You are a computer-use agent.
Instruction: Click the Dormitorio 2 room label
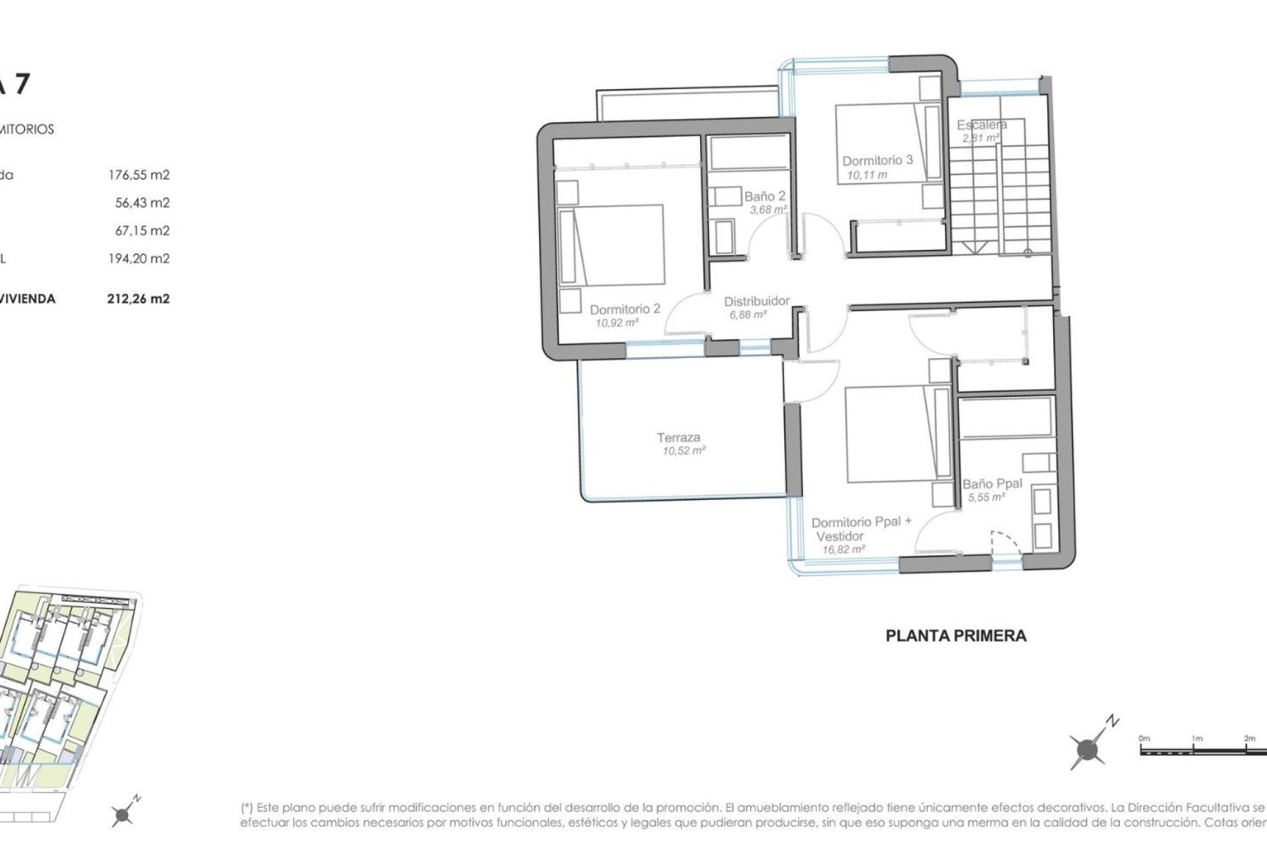tap(624, 309)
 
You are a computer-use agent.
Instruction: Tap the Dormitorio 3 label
tap(877, 160)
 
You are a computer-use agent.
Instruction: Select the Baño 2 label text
tap(765, 196)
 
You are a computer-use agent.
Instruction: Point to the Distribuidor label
tap(756, 301)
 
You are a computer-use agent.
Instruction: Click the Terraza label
tap(678, 437)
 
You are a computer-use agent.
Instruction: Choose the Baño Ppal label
tap(992, 483)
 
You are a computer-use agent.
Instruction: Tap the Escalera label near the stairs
tap(981, 125)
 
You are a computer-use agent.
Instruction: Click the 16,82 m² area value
tap(843, 549)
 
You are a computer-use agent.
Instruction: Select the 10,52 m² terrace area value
tap(684, 451)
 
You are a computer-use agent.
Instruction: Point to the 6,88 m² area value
tap(748, 315)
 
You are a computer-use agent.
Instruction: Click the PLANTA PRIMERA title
tap(956, 636)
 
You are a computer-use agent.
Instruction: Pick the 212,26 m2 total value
tap(138, 299)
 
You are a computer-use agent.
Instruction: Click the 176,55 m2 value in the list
tap(139, 175)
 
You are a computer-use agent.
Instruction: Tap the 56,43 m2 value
tap(142, 203)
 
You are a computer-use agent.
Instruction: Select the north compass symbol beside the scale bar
tap(1088, 748)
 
